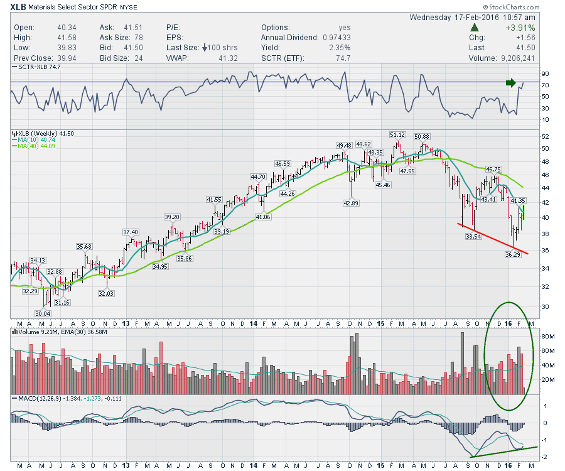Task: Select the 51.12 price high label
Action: pyautogui.click(x=397, y=134)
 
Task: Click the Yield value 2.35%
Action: pyautogui.click(x=323, y=48)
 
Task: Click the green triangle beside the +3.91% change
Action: pyautogui.click(x=476, y=28)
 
